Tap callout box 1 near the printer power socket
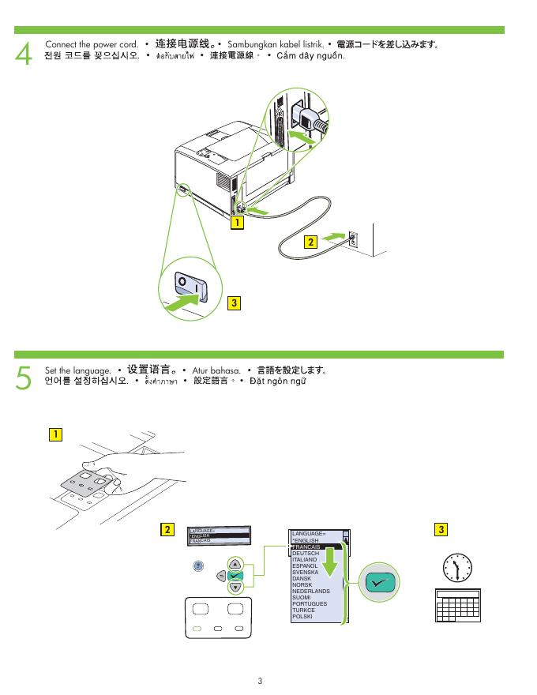(x=235, y=224)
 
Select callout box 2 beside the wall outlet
(x=310, y=242)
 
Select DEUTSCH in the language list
(x=306, y=554)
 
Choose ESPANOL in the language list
(x=305, y=566)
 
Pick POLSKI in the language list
(x=302, y=616)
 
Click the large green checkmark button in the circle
(x=379, y=582)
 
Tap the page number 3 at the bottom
(x=260, y=680)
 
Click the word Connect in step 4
(x=62, y=44)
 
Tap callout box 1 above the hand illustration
(x=54, y=434)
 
